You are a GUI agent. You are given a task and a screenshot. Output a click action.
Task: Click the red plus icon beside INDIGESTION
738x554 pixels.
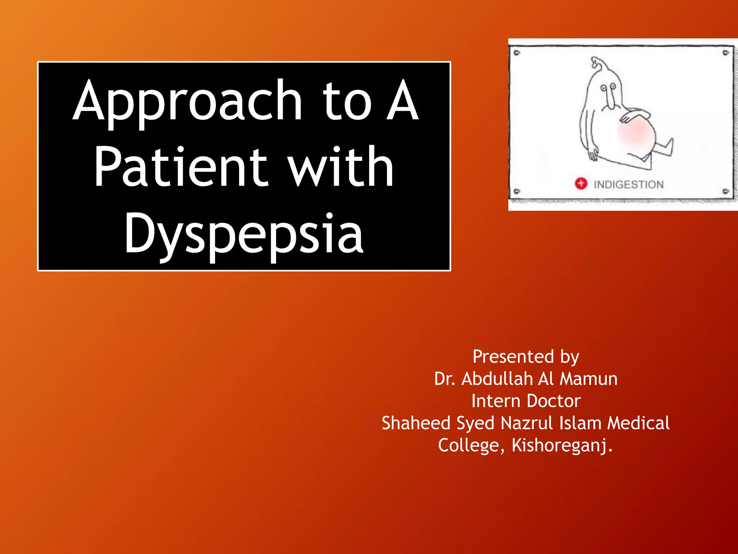581,184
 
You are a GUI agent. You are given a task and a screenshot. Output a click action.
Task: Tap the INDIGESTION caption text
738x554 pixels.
628,185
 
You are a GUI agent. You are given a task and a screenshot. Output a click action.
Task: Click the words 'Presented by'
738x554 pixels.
526,357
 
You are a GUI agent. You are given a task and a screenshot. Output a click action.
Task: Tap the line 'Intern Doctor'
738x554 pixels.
526,401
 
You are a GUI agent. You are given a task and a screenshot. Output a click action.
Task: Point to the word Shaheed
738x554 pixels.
416,423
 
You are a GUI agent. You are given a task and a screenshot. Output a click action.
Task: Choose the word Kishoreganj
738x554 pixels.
562,445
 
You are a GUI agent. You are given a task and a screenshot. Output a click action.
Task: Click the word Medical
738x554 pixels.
638,423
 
